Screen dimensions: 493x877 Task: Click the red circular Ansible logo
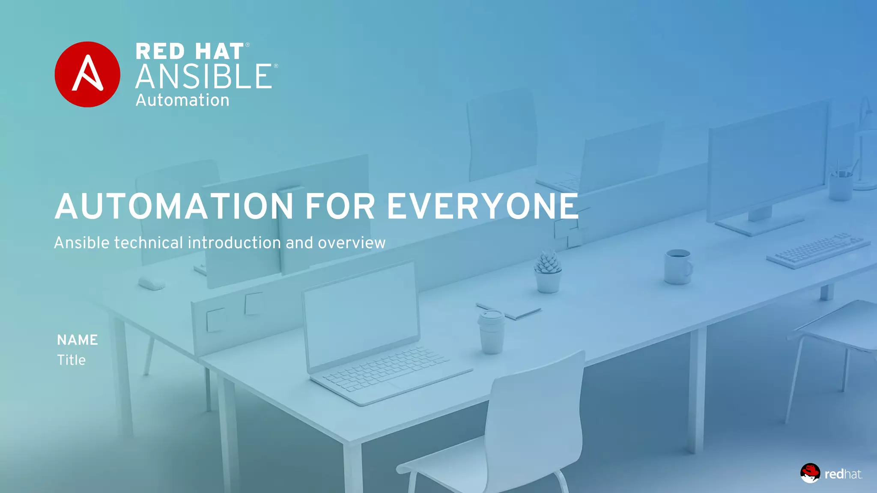(x=87, y=74)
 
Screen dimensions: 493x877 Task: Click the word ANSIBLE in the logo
(x=204, y=77)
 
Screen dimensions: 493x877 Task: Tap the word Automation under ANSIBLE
(x=182, y=100)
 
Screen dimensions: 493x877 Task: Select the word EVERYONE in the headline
(x=483, y=206)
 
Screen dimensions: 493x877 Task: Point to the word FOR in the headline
(x=340, y=206)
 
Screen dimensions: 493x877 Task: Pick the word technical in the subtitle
(x=149, y=243)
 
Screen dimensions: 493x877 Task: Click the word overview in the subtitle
(x=352, y=243)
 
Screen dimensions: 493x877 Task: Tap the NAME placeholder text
(x=78, y=340)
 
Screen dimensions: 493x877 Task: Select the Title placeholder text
(x=72, y=360)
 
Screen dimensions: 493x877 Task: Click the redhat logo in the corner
(x=831, y=473)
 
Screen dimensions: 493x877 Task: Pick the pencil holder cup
(x=840, y=184)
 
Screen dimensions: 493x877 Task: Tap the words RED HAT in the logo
(x=190, y=52)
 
